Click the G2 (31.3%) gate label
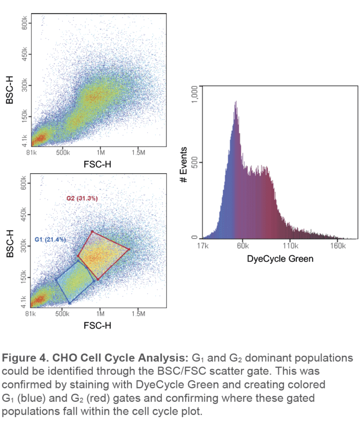tap(82, 198)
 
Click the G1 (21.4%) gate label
tap(50, 240)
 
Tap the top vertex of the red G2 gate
tap(92, 231)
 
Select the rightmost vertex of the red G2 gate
tap(129, 249)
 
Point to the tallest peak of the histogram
tap(236, 102)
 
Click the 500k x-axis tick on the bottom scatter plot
tap(62, 313)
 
